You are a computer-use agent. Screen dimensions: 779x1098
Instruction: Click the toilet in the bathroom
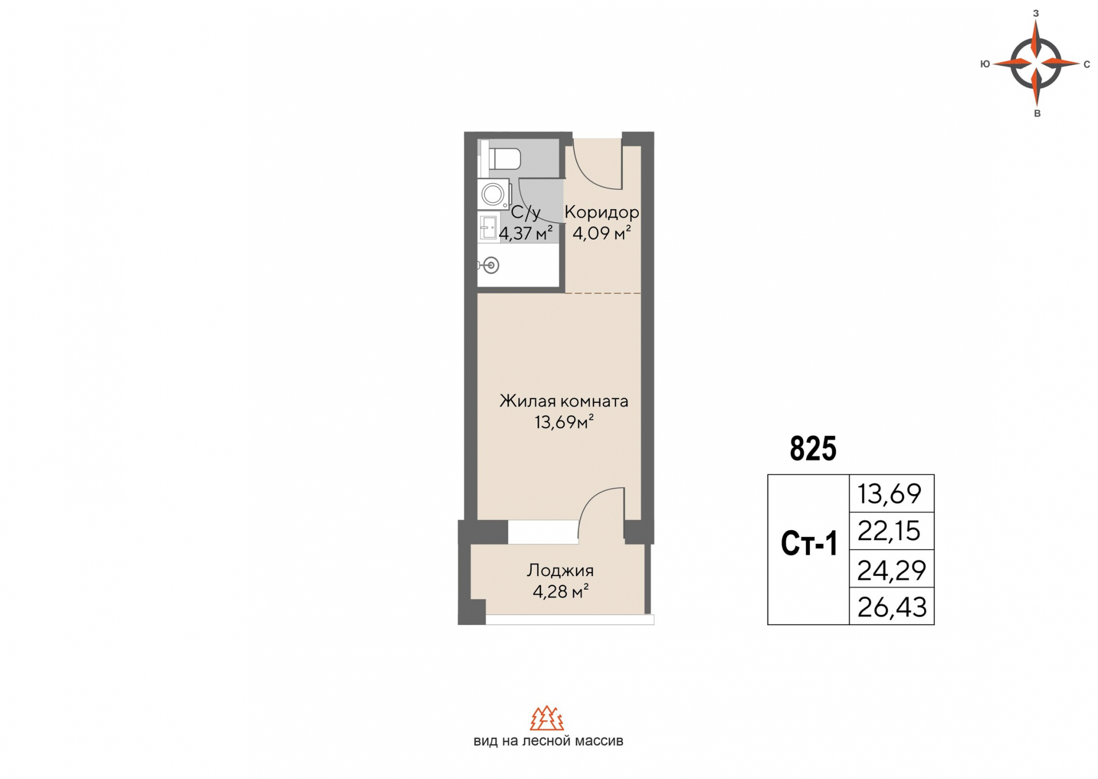[504, 159]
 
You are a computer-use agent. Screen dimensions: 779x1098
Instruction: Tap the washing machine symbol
[493, 194]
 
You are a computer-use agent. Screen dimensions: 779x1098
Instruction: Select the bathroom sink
[489, 228]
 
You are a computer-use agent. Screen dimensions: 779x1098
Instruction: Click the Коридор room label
[602, 212]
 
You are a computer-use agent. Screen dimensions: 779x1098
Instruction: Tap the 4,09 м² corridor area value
[602, 233]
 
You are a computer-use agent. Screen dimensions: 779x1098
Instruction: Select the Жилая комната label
[563, 401]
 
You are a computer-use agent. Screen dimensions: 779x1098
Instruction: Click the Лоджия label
[560, 570]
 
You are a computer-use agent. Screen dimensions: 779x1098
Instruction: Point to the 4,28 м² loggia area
[560, 591]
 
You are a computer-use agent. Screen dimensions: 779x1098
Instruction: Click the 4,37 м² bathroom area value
[526, 233]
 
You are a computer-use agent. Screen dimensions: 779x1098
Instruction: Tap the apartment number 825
[813, 448]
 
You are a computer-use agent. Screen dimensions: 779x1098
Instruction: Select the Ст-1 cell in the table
[809, 544]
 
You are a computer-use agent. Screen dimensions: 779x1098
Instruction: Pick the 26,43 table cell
[891, 607]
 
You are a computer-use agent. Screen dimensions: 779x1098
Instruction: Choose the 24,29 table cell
[891, 570]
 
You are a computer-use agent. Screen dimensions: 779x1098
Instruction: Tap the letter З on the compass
[1036, 13]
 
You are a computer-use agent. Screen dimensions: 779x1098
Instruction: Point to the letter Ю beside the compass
[985, 64]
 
